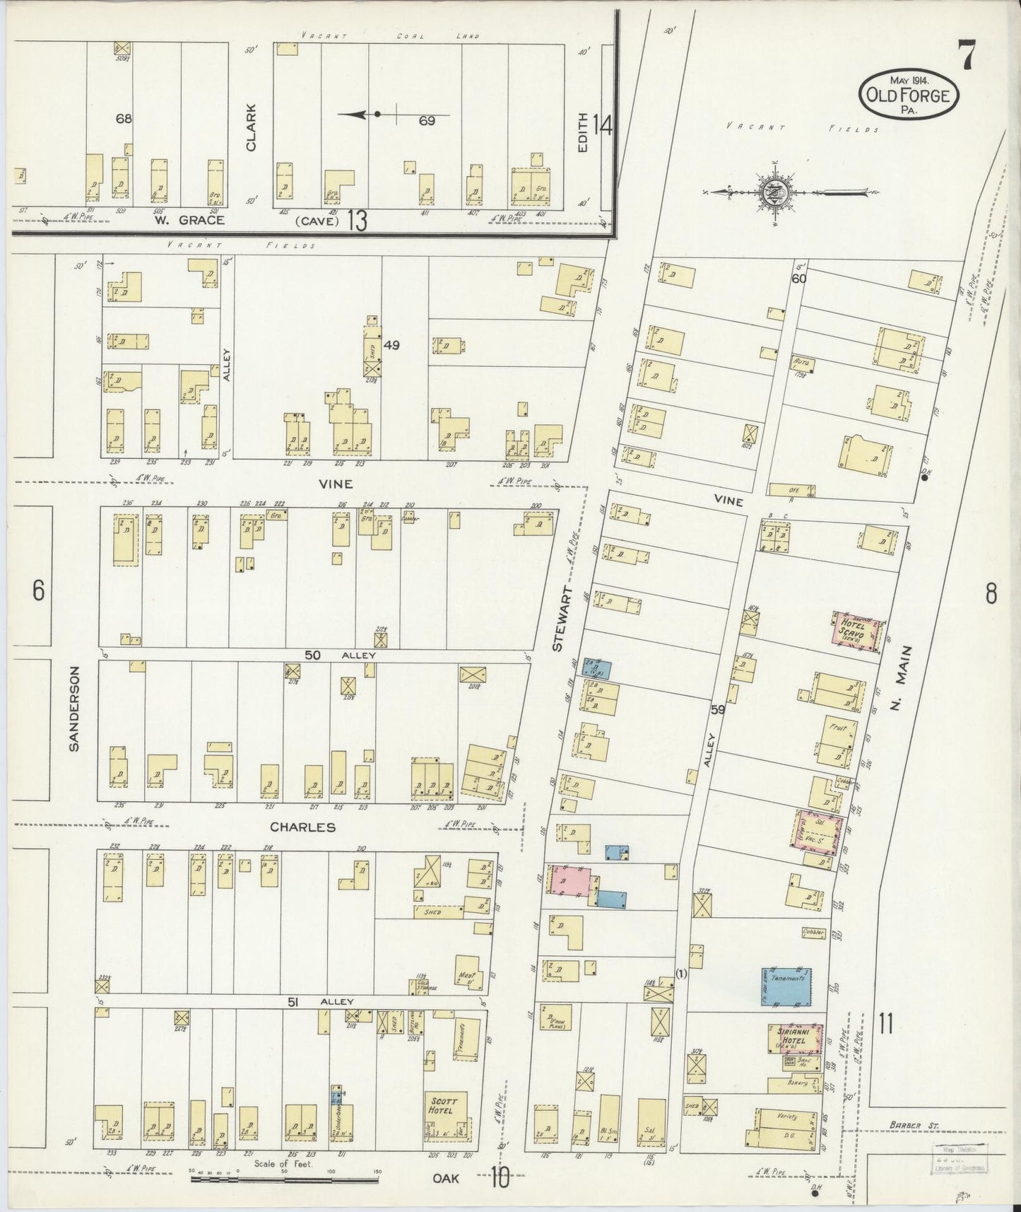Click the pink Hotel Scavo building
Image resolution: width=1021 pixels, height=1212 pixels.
tap(857, 629)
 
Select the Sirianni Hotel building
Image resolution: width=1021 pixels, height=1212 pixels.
tap(796, 1037)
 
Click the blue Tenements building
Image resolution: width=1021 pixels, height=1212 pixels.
tap(786, 986)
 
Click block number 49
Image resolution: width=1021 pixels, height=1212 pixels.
tap(392, 345)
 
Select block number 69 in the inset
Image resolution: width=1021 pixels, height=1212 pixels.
tap(426, 121)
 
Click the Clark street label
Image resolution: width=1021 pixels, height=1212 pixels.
tap(251, 127)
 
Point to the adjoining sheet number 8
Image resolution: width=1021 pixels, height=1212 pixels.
tap(991, 594)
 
